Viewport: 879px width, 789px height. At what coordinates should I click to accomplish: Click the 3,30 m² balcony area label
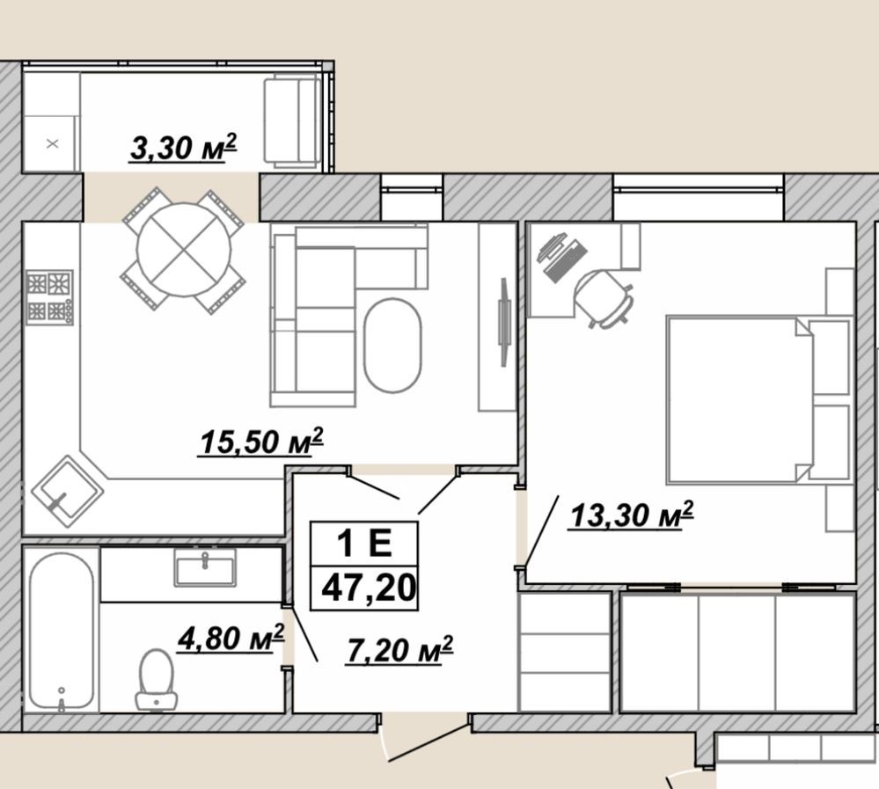(x=183, y=148)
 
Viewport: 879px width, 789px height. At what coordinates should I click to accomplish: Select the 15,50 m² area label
(x=261, y=442)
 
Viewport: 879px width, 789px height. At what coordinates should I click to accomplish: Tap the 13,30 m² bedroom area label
(x=632, y=515)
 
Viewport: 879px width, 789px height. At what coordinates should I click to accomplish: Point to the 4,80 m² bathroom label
(x=231, y=639)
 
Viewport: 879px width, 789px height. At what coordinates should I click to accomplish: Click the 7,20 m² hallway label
(x=399, y=650)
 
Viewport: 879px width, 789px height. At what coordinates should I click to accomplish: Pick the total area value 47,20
(x=369, y=588)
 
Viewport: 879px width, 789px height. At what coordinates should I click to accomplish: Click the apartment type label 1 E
(x=364, y=543)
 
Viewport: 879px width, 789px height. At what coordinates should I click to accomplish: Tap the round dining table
(x=184, y=251)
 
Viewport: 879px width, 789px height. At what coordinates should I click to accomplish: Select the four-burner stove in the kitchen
(x=49, y=297)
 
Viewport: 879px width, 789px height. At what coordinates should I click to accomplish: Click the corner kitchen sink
(x=67, y=492)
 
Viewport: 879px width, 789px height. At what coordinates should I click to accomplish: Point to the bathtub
(x=61, y=631)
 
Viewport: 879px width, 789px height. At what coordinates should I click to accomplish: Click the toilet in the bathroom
(x=157, y=679)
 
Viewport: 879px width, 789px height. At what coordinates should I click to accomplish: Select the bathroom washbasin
(x=205, y=567)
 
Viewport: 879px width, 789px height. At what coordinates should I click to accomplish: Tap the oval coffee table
(x=392, y=345)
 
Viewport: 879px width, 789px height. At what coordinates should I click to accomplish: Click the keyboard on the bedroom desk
(x=565, y=260)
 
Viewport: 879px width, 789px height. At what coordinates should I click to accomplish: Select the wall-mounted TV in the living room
(x=504, y=322)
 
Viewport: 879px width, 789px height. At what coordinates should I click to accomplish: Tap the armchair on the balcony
(x=292, y=123)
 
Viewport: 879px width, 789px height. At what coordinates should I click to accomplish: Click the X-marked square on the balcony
(x=52, y=144)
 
